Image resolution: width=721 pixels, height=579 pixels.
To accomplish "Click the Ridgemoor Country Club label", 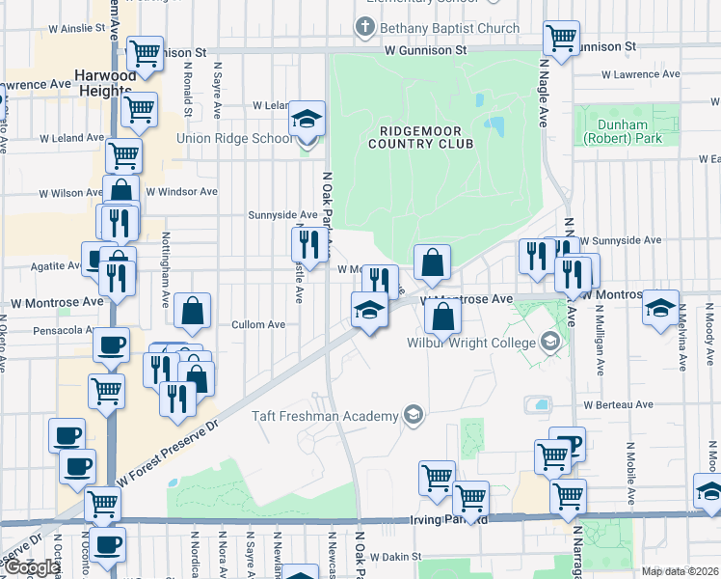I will click(x=420, y=137).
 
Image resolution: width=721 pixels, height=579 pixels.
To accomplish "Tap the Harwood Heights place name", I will click(x=107, y=83).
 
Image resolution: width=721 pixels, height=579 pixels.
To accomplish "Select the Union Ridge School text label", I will click(x=233, y=138).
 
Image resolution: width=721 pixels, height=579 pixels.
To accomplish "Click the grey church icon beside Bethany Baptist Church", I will click(x=363, y=28).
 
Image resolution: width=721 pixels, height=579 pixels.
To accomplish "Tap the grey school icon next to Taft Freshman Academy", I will click(x=414, y=416).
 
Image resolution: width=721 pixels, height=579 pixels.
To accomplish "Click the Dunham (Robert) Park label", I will click(x=623, y=131).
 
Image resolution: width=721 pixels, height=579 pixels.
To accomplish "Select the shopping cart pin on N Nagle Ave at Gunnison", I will click(x=561, y=40).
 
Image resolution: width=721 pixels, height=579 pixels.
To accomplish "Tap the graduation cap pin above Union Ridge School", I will click(x=307, y=120).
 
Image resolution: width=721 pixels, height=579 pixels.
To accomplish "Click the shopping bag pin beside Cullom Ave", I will click(x=193, y=311).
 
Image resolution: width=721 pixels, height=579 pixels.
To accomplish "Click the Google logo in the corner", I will click(x=32, y=567).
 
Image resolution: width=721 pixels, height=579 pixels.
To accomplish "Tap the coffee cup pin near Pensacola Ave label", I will click(x=111, y=345).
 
